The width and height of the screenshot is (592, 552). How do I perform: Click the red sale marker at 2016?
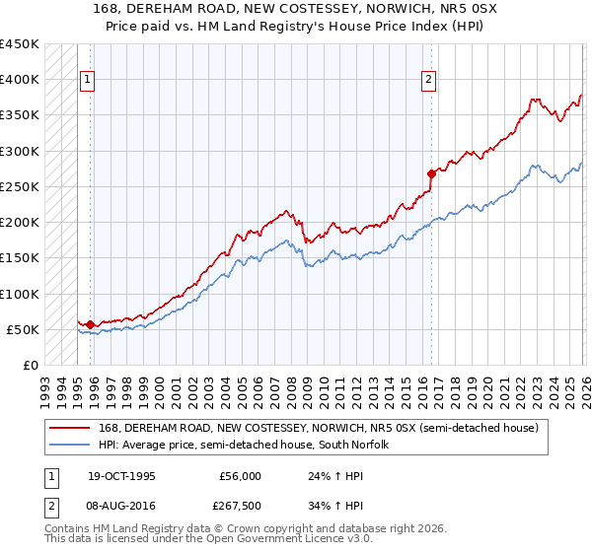[x=431, y=173]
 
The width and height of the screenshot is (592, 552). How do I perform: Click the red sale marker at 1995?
[x=91, y=324]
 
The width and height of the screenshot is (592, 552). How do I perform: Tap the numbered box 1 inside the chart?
[x=88, y=81]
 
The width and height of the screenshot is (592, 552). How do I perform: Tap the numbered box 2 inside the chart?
[x=429, y=81]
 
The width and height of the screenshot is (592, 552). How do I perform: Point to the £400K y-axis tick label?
[x=20, y=80]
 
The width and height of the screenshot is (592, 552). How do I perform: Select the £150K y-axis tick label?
[x=20, y=258]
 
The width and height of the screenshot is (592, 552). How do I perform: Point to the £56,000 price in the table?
[x=241, y=476]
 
